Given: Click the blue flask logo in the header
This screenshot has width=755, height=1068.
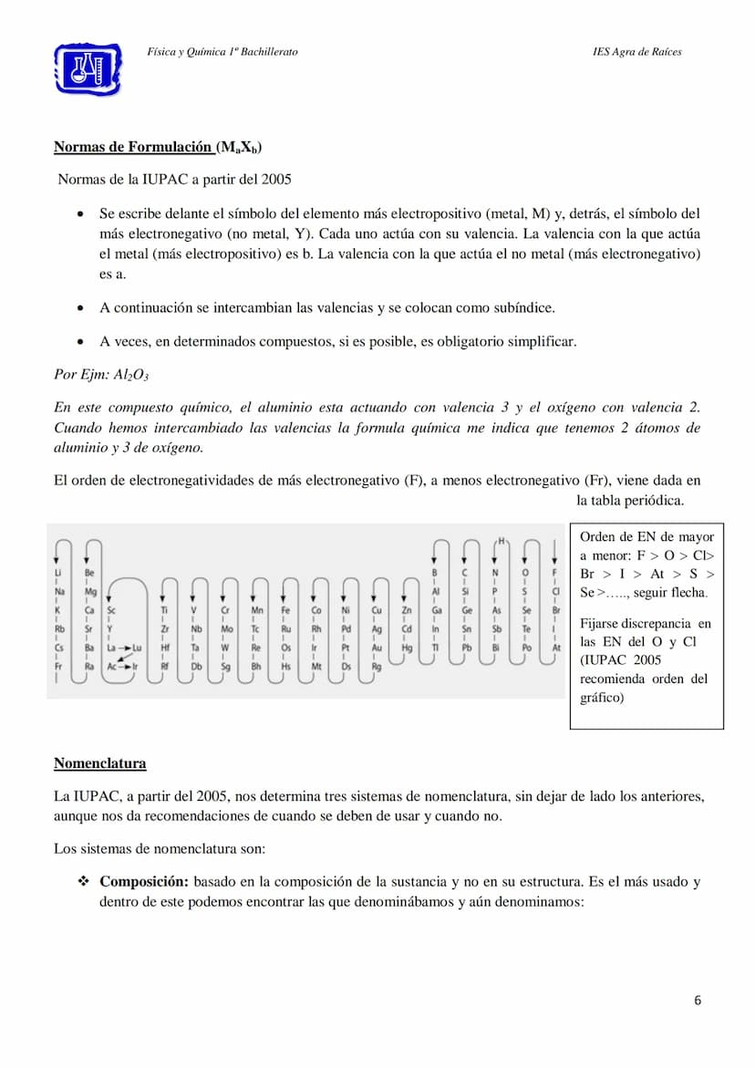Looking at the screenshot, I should [x=88, y=67].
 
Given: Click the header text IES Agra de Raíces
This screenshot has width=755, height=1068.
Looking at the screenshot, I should [x=636, y=52].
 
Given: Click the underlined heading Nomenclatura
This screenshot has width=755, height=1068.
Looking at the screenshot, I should [x=99, y=762].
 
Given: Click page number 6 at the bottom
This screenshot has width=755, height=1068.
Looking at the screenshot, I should [x=698, y=1001].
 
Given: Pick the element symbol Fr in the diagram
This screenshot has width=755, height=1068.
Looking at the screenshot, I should [x=59, y=667].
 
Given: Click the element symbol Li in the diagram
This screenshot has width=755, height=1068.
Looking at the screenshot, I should [x=59, y=573].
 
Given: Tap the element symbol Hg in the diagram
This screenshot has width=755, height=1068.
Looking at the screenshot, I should [x=407, y=648].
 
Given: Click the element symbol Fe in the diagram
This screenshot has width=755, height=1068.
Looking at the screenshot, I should [x=285, y=610].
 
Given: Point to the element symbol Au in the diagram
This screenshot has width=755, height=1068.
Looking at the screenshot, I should [x=377, y=648].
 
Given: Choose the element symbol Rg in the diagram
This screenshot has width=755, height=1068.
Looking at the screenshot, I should [x=377, y=667].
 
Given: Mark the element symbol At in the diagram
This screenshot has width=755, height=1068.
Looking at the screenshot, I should [x=556, y=648].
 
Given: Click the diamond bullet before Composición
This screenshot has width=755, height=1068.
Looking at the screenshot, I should [x=83, y=882].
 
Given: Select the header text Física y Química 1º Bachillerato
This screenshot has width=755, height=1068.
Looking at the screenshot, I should [x=222, y=52].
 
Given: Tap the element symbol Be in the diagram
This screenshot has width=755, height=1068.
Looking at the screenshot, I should [x=89, y=573].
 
